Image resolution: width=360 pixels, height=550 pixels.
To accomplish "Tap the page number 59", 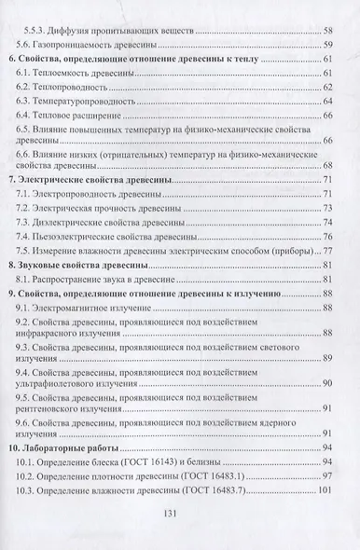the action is tap(328, 45).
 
